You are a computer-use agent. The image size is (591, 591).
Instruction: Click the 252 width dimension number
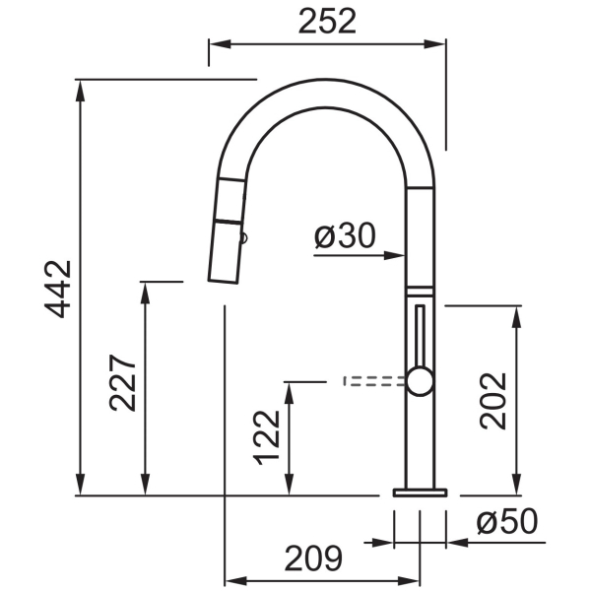(327, 22)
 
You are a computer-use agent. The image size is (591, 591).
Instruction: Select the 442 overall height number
(58, 289)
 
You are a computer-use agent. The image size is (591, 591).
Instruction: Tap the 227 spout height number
(122, 382)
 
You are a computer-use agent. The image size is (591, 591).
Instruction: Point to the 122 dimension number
(267, 437)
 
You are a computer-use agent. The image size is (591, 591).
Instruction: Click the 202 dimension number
(492, 401)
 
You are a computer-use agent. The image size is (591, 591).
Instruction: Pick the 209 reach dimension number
(313, 558)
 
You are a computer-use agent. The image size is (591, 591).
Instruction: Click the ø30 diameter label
(345, 235)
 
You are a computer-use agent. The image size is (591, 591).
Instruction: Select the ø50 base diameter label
(507, 522)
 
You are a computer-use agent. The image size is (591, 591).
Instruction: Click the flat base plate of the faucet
(420, 492)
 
